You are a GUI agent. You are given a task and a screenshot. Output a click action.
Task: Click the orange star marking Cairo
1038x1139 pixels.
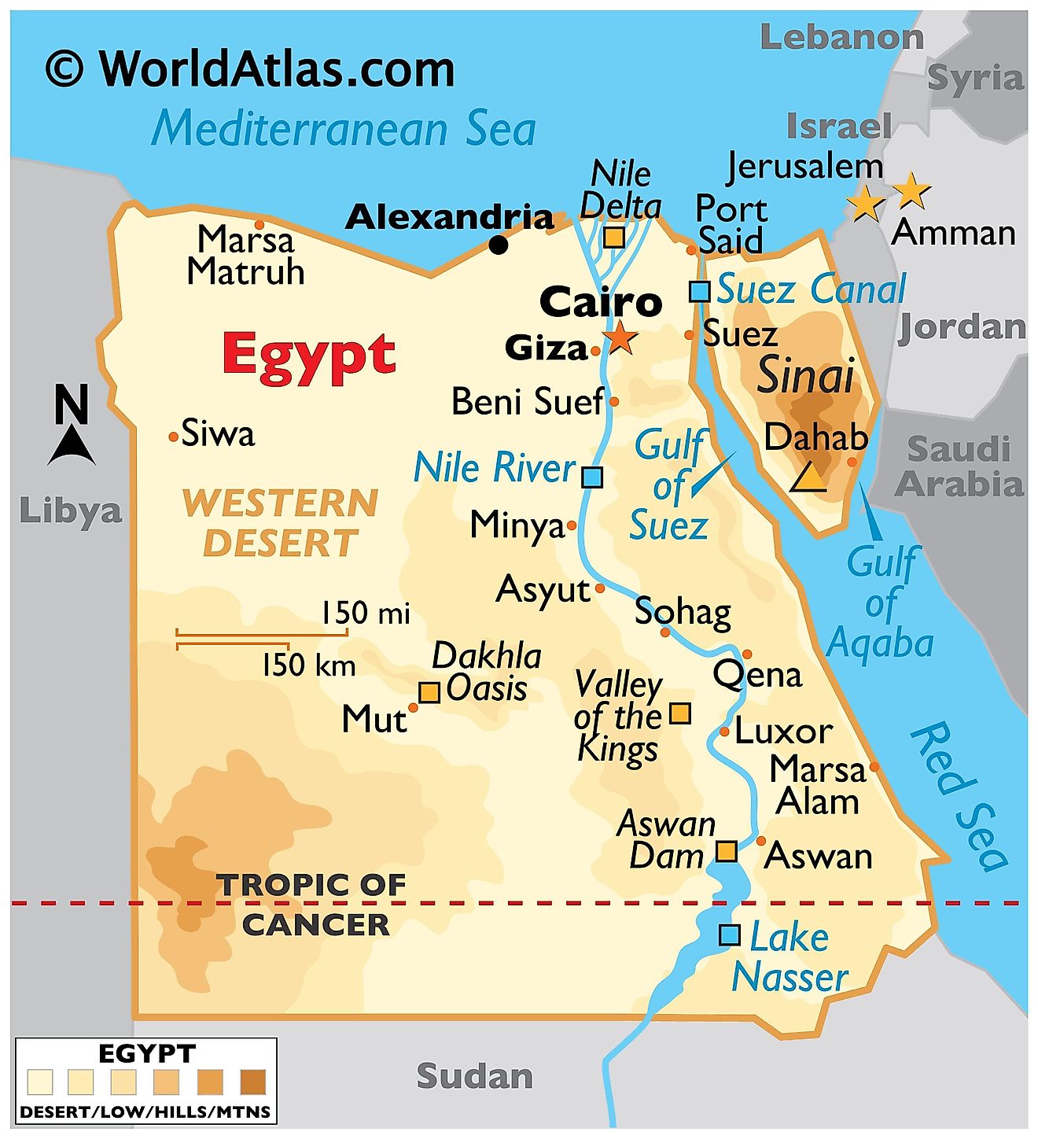(x=621, y=337)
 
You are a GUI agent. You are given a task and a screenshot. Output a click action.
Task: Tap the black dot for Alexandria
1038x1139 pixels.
(x=499, y=245)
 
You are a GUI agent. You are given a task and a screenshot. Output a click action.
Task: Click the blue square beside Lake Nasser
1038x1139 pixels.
(x=730, y=934)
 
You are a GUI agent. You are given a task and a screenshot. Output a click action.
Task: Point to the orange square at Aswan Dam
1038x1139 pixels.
(x=727, y=851)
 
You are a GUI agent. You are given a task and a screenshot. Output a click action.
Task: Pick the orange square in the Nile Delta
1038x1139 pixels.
(x=614, y=237)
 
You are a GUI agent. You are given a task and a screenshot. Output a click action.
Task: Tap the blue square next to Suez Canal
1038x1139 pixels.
(x=699, y=291)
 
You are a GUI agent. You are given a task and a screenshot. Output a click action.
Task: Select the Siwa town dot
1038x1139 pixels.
(x=174, y=437)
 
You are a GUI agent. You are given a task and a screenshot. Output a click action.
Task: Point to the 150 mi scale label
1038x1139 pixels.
(x=366, y=613)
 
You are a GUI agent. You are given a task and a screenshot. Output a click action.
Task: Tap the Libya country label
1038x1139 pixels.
(x=71, y=511)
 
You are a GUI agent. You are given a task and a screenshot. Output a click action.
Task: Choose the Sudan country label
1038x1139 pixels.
(x=474, y=1076)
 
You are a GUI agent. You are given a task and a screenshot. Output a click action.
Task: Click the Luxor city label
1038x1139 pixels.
(x=783, y=732)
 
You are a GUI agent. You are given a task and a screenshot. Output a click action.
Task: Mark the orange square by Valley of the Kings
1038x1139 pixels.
(x=680, y=713)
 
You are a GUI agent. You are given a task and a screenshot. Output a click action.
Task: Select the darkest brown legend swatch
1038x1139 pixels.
(x=253, y=1082)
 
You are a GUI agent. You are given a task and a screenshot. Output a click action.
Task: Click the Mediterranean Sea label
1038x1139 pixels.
(x=344, y=129)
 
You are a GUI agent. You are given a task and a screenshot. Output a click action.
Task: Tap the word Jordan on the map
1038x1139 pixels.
(x=963, y=327)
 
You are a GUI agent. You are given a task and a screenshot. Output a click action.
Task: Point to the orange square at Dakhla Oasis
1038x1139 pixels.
(x=429, y=692)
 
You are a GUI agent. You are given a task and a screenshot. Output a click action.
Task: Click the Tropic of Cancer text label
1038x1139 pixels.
(x=313, y=905)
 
